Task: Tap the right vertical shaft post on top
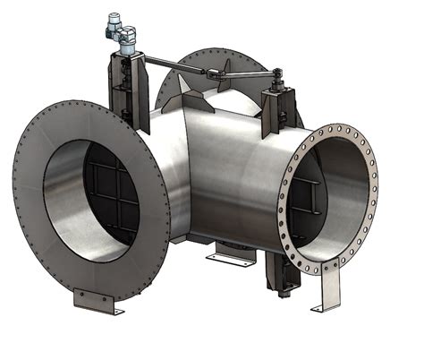click(276, 107)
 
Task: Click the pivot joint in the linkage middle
click(211, 74)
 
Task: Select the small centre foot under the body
click(231, 257)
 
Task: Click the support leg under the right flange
click(329, 291)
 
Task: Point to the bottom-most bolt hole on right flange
click(316, 270)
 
